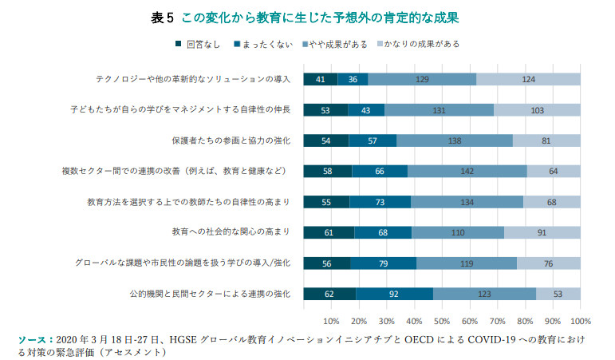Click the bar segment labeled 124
(x=528, y=79)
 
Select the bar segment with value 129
(x=422, y=79)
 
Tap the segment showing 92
(x=394, y=295)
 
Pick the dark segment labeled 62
(x=329, y=295)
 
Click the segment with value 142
(x=467, y=172)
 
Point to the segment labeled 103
(x=537, y=110)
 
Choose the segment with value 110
(x=458, y=233)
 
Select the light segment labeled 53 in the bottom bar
(x=558, y=295)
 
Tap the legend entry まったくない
(x=262, y=44)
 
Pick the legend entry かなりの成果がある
(x=416, y=44)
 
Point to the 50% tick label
(x=442, y=321)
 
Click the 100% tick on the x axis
(x=579, y=321)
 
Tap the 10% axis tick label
(x=331, y=321)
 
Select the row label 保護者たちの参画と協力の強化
(x=231, y=140)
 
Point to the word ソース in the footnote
(x=33, y=340)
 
